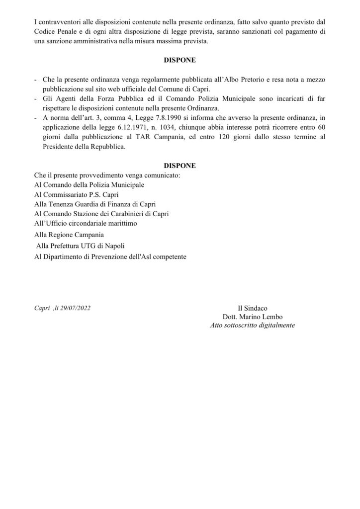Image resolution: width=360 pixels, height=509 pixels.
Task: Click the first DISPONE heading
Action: tap(180, 61)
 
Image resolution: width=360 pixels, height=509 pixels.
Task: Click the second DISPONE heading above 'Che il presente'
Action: tap(180, 165)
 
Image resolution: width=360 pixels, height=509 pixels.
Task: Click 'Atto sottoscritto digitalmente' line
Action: tap(253, 326)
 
